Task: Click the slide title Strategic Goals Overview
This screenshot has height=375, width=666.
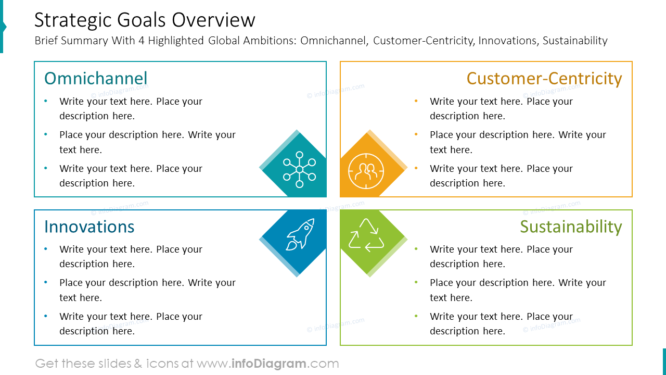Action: (x=145, y=20)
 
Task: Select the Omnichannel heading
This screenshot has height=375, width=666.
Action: (x=96, y=78)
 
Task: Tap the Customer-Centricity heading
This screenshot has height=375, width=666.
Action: (x=544, y=78)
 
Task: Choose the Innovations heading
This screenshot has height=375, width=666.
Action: (x=89, y=227)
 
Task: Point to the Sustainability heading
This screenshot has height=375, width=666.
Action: (x=571, y=227)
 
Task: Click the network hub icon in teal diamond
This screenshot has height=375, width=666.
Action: (x=299, y=169)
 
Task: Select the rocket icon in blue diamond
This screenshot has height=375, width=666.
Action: (x=300, y=234)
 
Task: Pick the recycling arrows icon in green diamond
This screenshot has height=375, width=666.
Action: (x=366, y=235)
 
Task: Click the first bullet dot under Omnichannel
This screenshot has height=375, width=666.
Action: (x=46, y=101)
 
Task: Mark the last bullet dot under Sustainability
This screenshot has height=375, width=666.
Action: (x=416, y=316)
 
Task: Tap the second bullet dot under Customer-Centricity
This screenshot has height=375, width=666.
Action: (x=416, y=134)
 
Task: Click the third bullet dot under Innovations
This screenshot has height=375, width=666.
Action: (x=46, y=316)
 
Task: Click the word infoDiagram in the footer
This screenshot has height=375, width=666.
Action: (x=267, y=364)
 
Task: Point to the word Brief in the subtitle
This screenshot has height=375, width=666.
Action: (x=46, y=41)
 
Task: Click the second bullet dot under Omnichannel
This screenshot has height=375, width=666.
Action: (x=46, y=134)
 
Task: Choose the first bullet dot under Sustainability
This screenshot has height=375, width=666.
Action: (x=416, y=249)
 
